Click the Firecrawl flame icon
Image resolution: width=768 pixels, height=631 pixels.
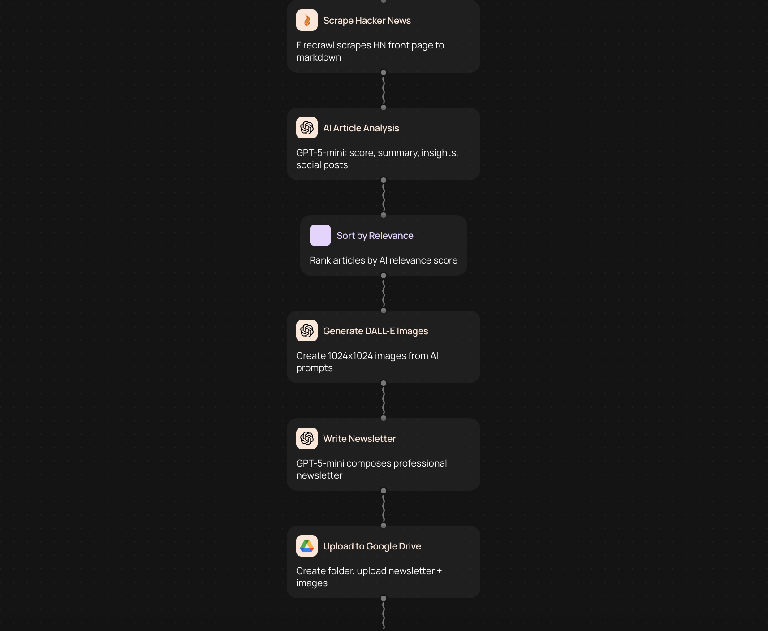pyautogui.click(x=307, y=20)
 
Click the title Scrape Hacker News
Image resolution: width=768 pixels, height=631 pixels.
pyautogui.click(x=367, y=21)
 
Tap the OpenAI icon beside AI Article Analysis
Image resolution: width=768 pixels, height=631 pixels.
pyautogui.click(x=307, y=128)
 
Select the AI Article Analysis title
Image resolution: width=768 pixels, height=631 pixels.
pyautogui.click(x=361, y=128)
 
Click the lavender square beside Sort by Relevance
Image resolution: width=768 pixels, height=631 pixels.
pyautogui.click(x=320, y=235)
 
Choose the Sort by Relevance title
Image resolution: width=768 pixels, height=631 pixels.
pyautogui.click(x=375, y=236)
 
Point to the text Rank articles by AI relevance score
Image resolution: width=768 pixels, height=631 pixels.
pyautogui.click(x=383, y=260)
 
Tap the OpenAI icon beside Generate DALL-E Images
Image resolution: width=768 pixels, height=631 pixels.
pyautogui.click(x=307, y=331)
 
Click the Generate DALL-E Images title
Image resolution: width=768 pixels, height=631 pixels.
pyautogui.click(x=375, y=331)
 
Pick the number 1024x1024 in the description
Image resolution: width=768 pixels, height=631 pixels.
pyautogui.click(x=350, y=356)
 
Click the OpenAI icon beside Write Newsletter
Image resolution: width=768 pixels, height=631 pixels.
pyautogui.click(x=307, y=438)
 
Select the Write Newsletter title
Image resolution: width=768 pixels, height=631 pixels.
pyautogui.click(x=359, y=439)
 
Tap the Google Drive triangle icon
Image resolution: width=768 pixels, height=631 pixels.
pyautogui.click(x=307, y=546)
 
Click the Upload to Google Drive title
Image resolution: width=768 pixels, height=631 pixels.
pyautogui.click(x=371, y=546)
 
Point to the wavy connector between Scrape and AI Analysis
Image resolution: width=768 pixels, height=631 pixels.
pyautogui.click(x=384, y=90)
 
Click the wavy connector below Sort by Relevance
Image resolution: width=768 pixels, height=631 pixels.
pyautogui.click(x=384, y=293)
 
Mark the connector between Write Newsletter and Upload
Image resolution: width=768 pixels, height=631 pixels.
pyautogui.click(x=384, y=508)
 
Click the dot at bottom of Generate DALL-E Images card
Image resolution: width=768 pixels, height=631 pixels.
pyautogui.click(x=384, y=383)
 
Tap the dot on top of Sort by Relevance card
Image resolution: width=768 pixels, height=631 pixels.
pyautogui.click(x=384, y=215)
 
